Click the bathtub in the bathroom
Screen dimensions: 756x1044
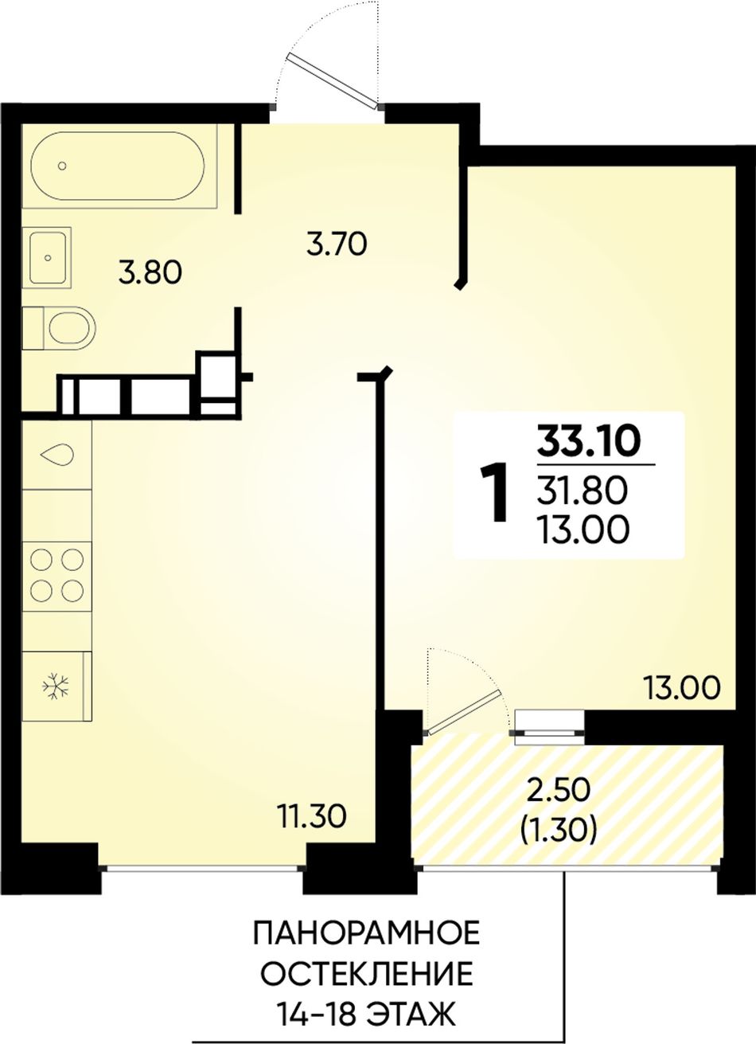pos(118,166)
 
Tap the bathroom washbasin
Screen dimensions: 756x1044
pos(47,258)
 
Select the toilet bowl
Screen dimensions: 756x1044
pos(59,328)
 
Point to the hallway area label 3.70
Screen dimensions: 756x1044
pos(337,244)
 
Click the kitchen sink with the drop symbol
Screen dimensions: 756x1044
pos(57,454)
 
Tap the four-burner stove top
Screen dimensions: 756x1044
pos(57,575)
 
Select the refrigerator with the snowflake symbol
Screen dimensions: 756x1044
pos(57,686)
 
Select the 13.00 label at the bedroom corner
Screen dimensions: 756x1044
pos(681,689)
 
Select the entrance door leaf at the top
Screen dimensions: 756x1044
pos(333,80)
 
